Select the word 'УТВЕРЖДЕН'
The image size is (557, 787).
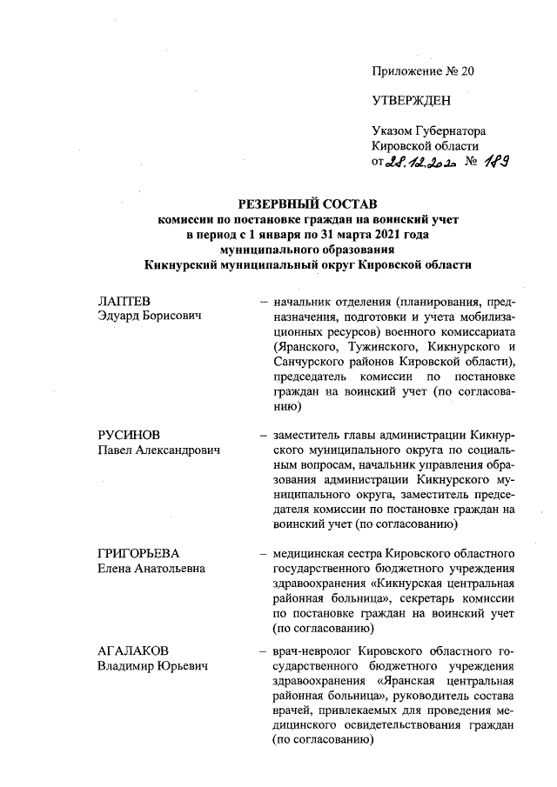[411, 101]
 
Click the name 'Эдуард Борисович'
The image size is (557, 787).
[147, 316]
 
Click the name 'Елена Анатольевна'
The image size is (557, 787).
[151, 568]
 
